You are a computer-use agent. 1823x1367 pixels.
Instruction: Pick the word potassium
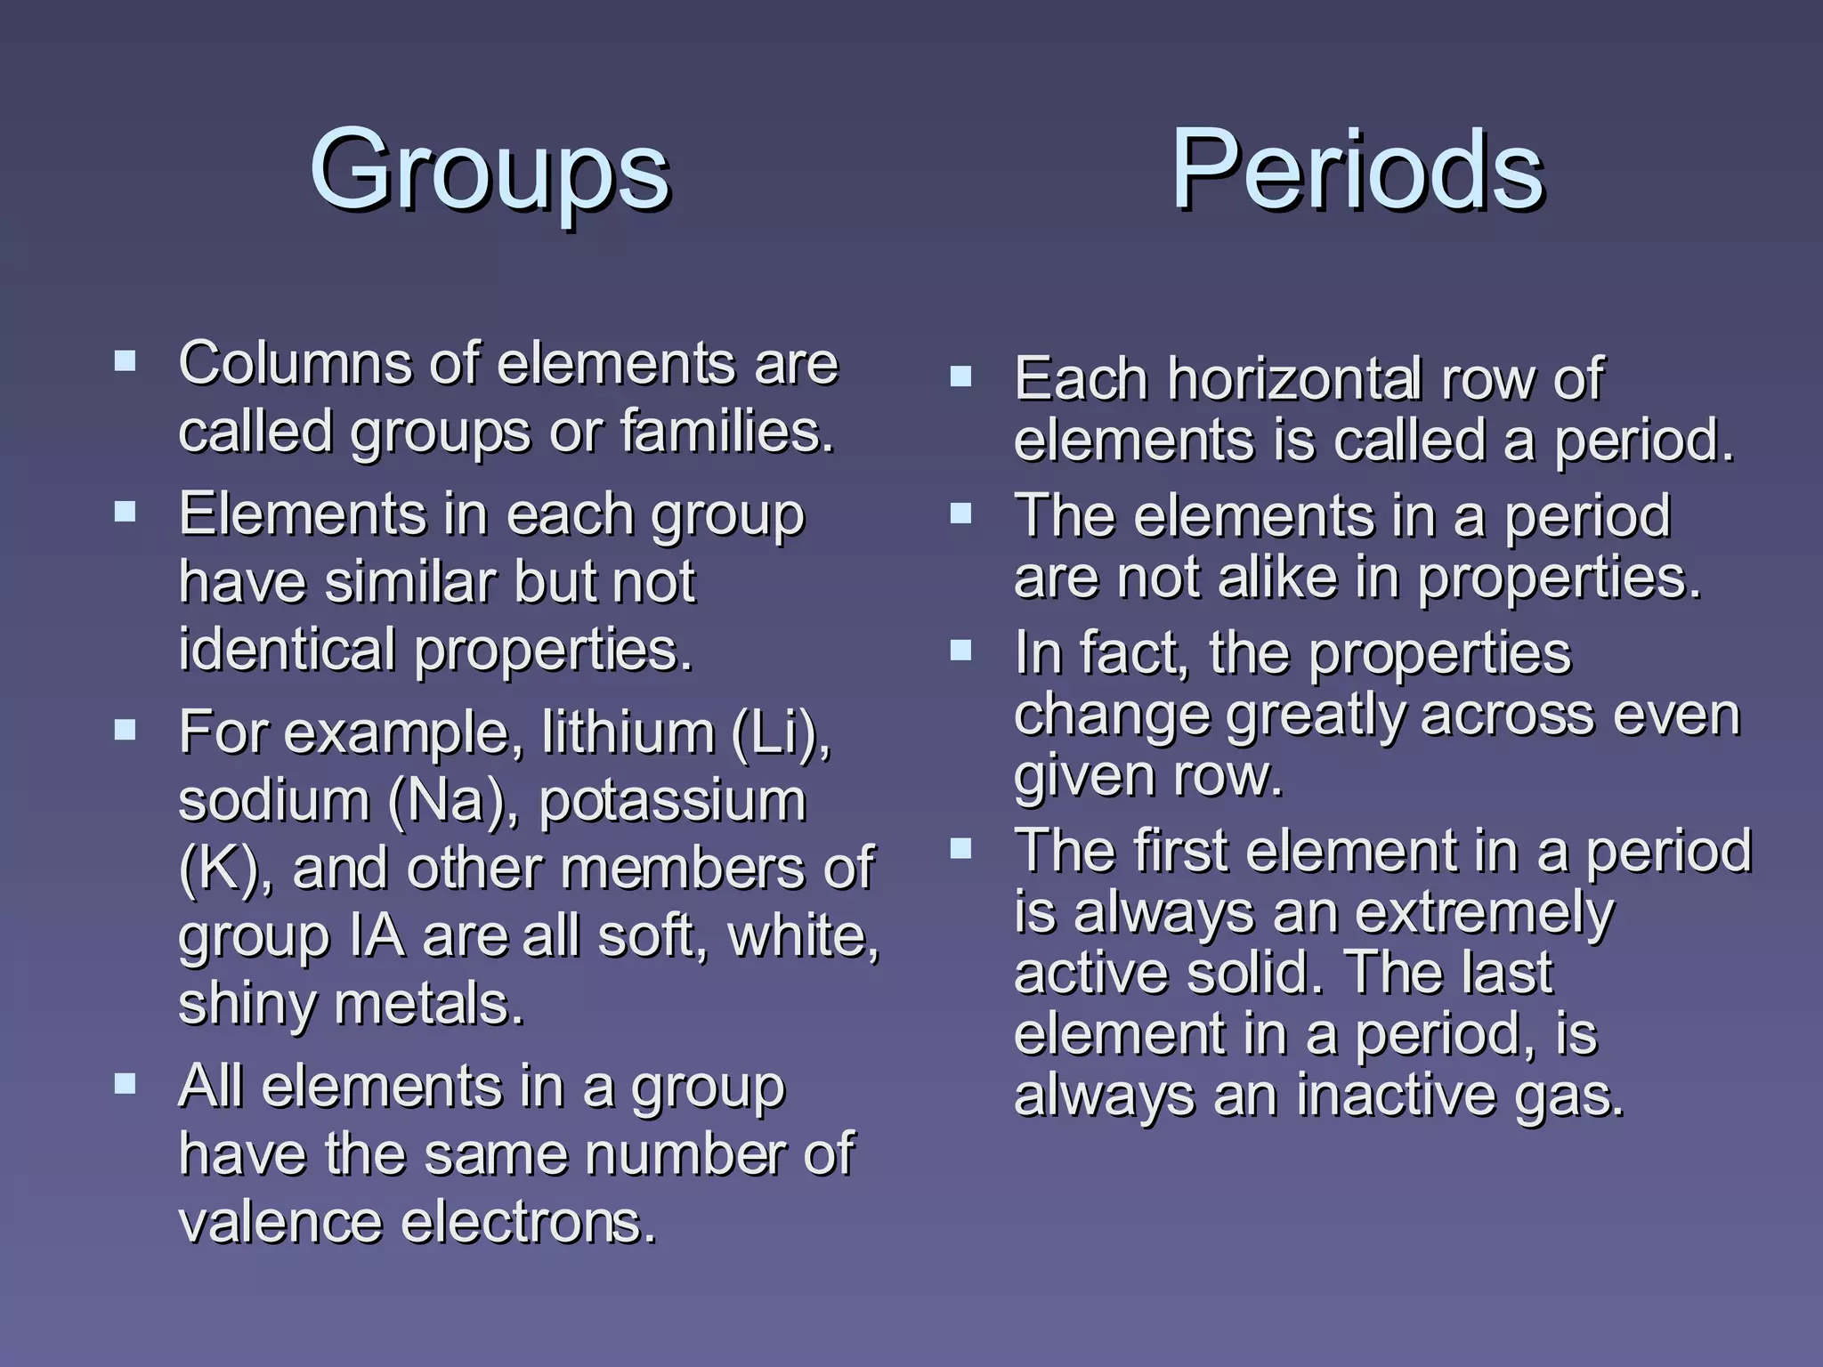tap(672, 800)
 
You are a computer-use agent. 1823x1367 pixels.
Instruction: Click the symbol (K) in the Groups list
tap(218, 868)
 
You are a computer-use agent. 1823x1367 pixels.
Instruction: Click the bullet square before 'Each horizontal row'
tap(960, 376)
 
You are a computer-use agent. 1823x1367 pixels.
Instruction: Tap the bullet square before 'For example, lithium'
tap(125, 731)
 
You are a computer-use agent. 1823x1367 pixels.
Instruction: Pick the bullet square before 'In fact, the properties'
tap(960, 651)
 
